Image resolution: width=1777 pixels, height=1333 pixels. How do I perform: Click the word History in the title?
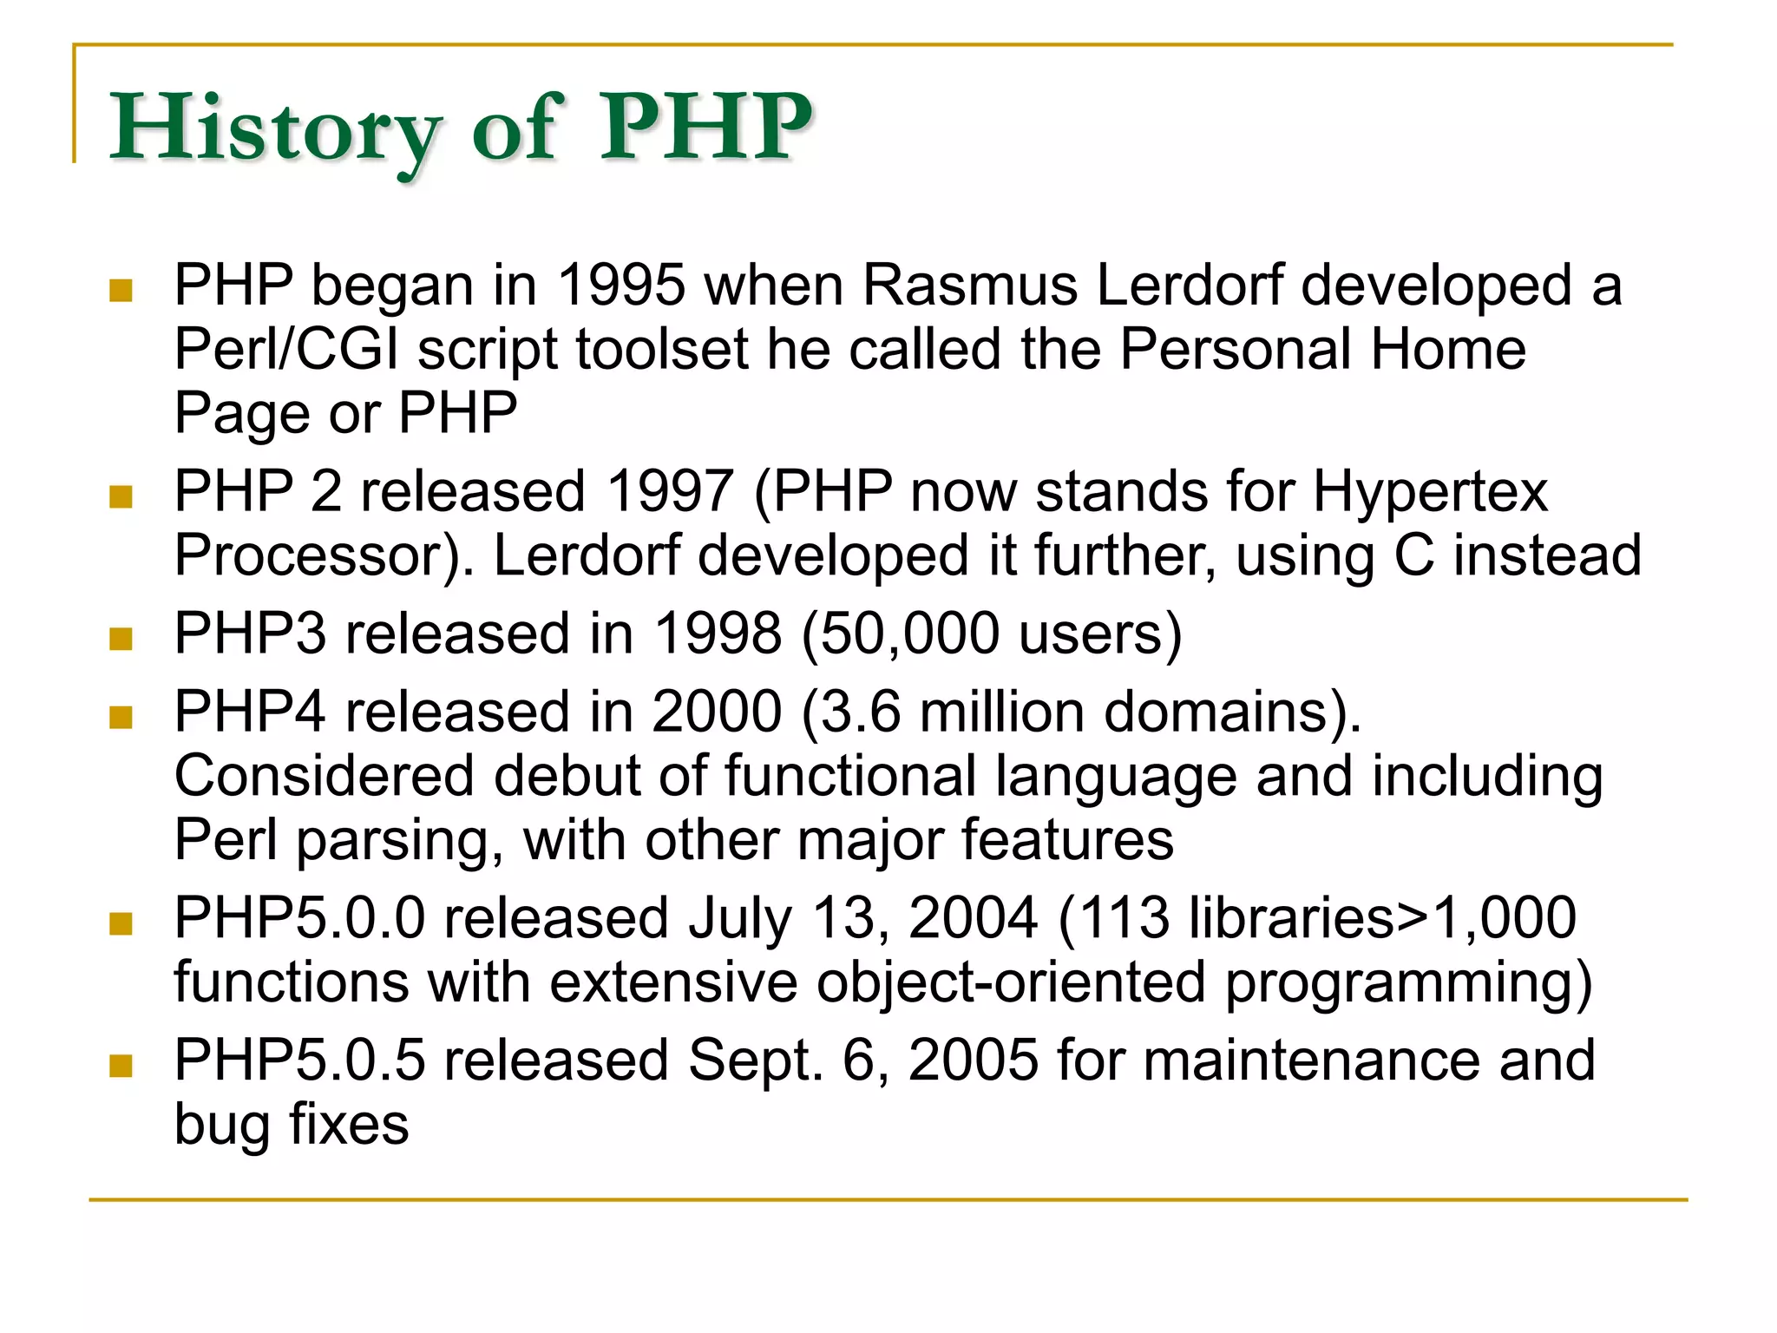pos(276,130)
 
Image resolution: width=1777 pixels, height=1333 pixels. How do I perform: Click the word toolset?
pos(661,349)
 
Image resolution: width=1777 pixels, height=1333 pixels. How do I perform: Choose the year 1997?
pos(670,491)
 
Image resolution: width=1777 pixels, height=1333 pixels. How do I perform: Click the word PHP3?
pos(250,634)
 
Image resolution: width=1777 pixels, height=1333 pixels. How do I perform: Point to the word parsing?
pos(399,841)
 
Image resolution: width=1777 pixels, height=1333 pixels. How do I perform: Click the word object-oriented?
pos(1010,982)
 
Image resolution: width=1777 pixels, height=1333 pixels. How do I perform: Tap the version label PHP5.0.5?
pos(299,1060)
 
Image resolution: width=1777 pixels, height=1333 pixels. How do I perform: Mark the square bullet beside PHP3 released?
pos(121,639)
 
